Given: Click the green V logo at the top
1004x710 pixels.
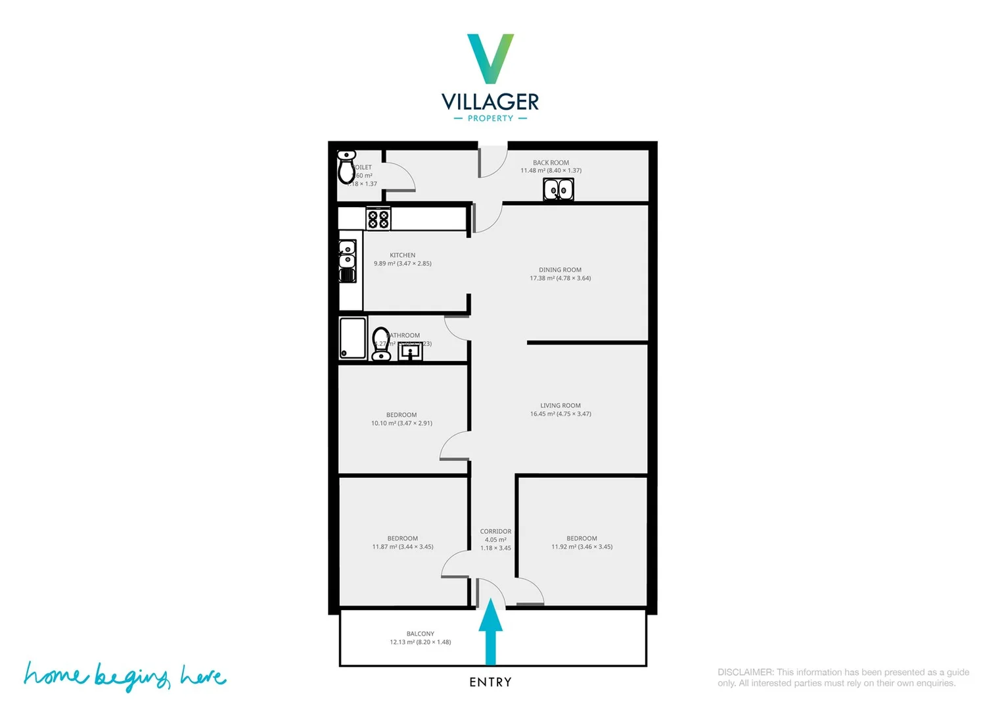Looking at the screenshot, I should click(x=490, y=58).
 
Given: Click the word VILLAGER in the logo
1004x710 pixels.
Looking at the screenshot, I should click(x=490, y=102).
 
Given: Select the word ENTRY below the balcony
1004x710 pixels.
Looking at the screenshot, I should click(x=490, y=682).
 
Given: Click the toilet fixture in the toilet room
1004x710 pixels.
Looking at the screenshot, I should click(x=346, y=167).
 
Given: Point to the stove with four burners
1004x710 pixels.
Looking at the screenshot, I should click(x=378, y=218).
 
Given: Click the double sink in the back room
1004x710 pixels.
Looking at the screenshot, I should click(x=559, y=190).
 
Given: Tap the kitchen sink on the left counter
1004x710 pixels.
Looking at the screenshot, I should click(x=347, y=261).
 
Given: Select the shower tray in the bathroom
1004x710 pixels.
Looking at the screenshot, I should click(x=353, y=339).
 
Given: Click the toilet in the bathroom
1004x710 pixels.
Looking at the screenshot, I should click(x=381, y=344).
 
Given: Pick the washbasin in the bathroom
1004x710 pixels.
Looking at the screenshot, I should click(x=410, y=352).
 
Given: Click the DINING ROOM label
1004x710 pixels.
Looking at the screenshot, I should click(x=560, y=270).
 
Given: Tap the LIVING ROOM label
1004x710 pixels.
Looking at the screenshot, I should click(x=560, y=406).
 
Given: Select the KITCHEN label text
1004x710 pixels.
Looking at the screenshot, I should click(x=402, y=255).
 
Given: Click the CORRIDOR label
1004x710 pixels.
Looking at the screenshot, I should click(x=495, y=531).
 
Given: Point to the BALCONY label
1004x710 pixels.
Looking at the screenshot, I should click(x=421, y=634).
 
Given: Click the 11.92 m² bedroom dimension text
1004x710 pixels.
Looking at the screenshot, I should click(x=582, y=547).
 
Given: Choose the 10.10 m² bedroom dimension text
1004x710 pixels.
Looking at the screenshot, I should click(x=401, y=423).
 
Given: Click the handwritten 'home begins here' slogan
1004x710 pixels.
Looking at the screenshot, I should click(x=125, y=676).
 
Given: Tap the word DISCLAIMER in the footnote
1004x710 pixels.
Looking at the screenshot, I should click(x=745, y=673).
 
